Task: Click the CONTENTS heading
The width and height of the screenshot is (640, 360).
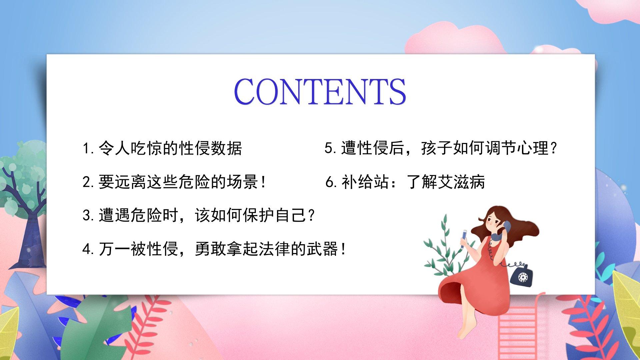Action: pyautogui.click(x=320, y=91)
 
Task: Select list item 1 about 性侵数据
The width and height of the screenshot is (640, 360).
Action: pyautogui.click(x=162, y=148)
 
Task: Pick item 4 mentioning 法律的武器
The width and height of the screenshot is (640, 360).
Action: pyautogui.click(x=214, y=249)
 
